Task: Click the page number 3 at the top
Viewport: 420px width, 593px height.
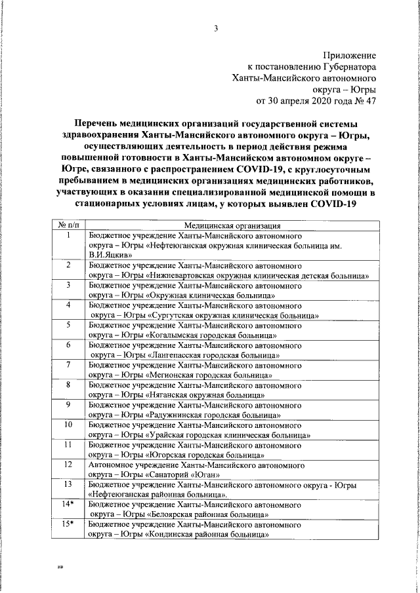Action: (215, 28)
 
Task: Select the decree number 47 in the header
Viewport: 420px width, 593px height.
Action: (371, 101)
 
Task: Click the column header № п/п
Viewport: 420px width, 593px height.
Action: (68, 225)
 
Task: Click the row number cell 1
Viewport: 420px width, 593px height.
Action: (68, 235)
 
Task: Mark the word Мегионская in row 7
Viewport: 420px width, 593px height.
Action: (174, 375)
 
